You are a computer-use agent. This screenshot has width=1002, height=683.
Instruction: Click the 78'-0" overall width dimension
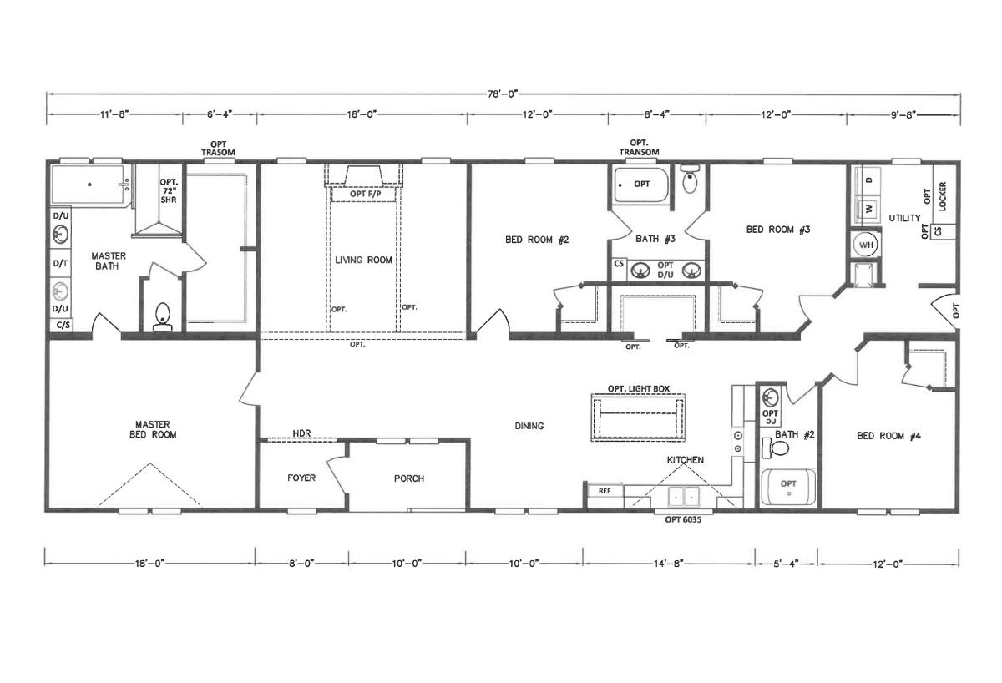(502, 94)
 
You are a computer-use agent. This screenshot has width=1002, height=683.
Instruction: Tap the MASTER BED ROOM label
(153, 429)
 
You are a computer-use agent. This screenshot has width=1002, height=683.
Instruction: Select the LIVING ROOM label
(363, 260)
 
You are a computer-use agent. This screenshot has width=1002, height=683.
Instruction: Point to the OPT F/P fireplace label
(365, 194)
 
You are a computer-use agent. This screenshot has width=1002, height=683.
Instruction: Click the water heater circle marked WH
(866, 245)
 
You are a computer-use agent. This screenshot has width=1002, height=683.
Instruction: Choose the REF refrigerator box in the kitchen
(605, 491)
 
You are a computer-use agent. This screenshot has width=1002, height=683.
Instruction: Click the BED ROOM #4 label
(888, 436)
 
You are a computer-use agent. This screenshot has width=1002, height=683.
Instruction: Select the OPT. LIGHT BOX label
(638, 389)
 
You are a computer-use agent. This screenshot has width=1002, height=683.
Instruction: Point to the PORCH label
(409, 478)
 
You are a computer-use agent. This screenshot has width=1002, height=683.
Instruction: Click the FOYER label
(301, 478)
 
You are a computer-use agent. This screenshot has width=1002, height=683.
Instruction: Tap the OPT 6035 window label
(683, 519)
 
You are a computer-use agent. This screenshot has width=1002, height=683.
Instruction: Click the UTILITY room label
(904, 218)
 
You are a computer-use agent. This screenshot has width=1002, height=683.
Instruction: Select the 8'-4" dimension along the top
(656, 114)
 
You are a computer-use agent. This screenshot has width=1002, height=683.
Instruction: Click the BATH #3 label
(655, 239)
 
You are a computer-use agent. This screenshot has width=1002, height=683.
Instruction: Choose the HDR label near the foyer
(301, 433)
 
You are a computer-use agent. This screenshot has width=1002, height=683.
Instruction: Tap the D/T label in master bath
(60, 264)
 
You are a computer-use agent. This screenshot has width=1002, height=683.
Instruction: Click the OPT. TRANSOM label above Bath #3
(639, 148)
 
